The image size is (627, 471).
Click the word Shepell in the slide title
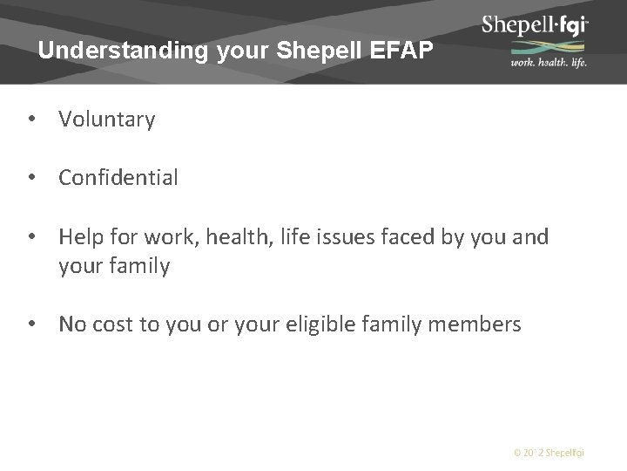pos(308,51)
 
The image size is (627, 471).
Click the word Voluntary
pos(107,120)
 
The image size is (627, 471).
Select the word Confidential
pos(118,179)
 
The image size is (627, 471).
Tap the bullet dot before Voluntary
pos(31,120)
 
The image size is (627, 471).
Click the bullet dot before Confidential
pos(31,179)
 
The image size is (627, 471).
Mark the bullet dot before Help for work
pos(31,237)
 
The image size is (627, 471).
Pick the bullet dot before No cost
pos(31,325)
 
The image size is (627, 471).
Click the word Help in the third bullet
pos(79,237)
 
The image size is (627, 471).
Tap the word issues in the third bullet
pos(328,237)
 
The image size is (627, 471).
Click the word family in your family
pos(139,267)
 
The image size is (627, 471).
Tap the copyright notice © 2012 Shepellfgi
pos(549,453)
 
